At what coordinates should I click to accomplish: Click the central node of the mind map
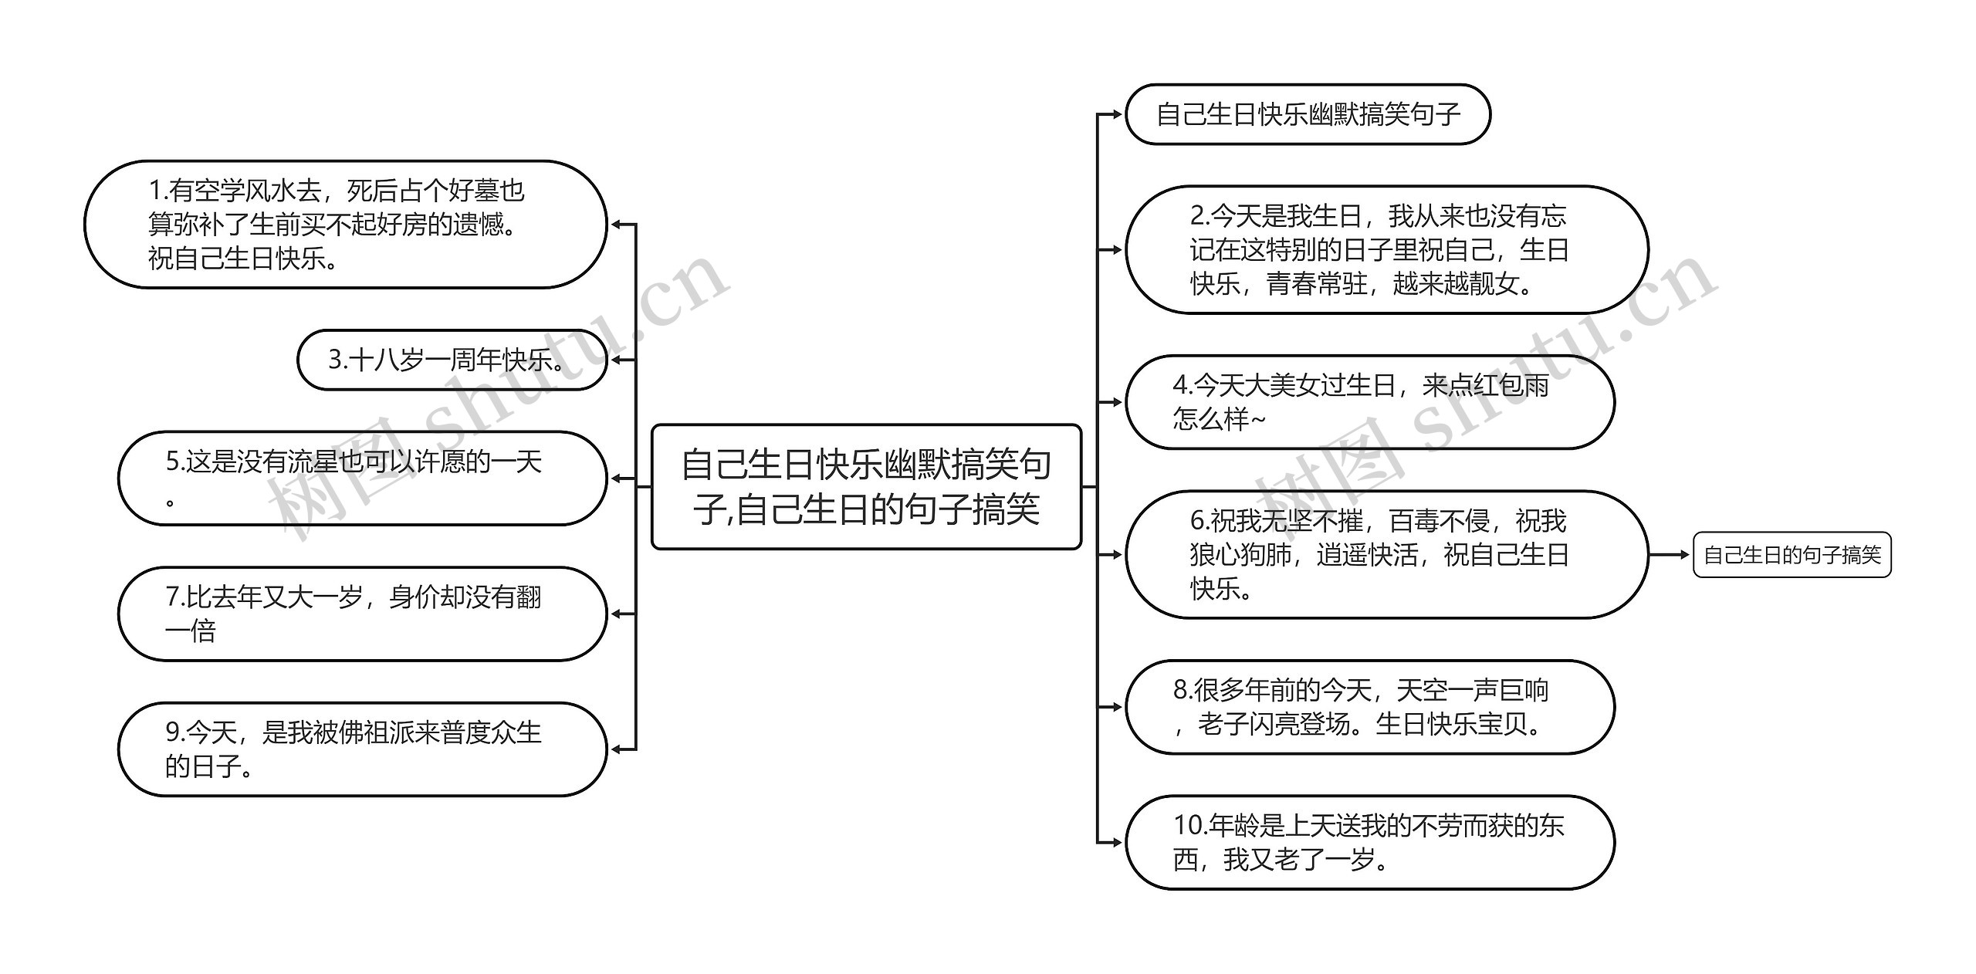point(866,486)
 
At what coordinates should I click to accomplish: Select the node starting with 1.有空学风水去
point(345,225)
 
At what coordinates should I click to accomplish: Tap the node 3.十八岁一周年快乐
point(452,360)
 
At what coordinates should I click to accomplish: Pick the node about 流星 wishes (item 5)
point(362,479)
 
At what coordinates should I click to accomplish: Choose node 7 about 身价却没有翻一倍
point(362,614)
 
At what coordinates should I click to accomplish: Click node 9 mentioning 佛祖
point(362,749)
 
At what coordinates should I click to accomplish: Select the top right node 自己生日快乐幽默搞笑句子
point(1308,114)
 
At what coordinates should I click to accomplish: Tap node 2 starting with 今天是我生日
point(1386,249)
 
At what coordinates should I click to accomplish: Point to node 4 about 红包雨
point(1369,402)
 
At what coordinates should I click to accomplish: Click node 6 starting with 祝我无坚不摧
point(1386,554)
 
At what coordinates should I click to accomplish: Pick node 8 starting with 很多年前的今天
point(1369,706)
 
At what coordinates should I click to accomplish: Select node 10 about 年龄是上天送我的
point(1369,842)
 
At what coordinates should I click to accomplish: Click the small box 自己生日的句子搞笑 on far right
point(1792,555)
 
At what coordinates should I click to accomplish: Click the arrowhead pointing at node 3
point(616,360)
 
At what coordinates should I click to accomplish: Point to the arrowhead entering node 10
point(1116,842)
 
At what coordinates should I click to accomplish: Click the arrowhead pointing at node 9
point(616,749)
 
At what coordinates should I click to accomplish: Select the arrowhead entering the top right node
point(1116,114)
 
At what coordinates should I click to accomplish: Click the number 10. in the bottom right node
point(1189,826)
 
